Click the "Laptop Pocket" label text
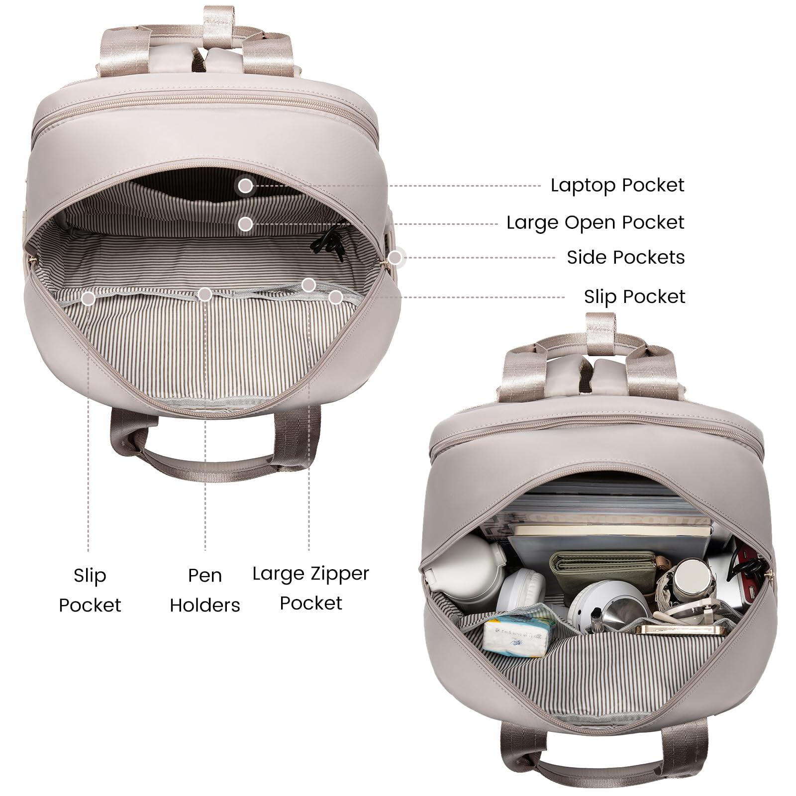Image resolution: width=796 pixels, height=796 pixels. (x=617, y=185)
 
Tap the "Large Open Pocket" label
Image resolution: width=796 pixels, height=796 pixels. (x=596, y=222)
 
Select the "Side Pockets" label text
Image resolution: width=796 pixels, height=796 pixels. (x=626, y=257)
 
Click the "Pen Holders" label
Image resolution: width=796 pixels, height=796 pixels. (x=205, y=590)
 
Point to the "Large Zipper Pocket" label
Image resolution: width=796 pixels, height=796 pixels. (x=311, y=588)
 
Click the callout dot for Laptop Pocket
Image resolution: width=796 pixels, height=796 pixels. (x=245, y=186)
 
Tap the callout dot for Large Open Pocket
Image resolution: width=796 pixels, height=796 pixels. (x=245, y=224)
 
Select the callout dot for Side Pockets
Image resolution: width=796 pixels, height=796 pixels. (x=395, y=258)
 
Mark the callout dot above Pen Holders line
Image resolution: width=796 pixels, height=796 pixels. (x=205, y=295)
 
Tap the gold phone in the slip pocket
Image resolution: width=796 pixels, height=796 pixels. (x=682, y=629)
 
